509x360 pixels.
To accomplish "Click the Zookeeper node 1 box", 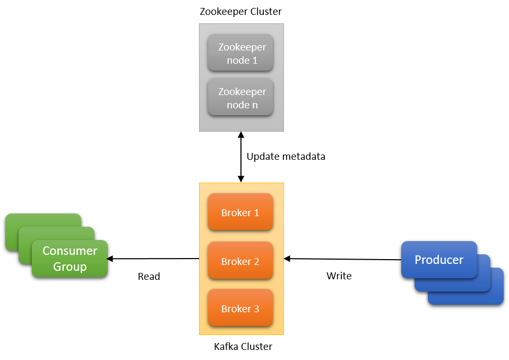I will pos(240,53).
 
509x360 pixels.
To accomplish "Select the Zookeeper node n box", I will pos(240,97).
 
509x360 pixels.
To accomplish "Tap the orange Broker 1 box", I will pos(240,212).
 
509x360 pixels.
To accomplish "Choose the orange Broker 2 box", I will pos(240,261).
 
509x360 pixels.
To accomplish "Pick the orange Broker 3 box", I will pos(240,308).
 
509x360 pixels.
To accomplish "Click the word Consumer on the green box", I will pos(70,251).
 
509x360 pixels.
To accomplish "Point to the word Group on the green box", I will pos(70,267).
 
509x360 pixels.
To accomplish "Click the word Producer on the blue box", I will pos(439,260).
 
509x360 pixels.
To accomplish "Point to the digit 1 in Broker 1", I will pos(256,213).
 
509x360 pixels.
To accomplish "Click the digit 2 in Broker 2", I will pos(256,262).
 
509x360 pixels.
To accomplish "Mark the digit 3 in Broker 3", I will pos(256,309).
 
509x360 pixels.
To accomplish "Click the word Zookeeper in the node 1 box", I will pos(242,47).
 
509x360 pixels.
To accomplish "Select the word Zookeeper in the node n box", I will pos(242,91).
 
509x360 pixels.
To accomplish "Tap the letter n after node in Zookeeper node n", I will pos(255,105).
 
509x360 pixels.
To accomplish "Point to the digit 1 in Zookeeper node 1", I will pos(255,61).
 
